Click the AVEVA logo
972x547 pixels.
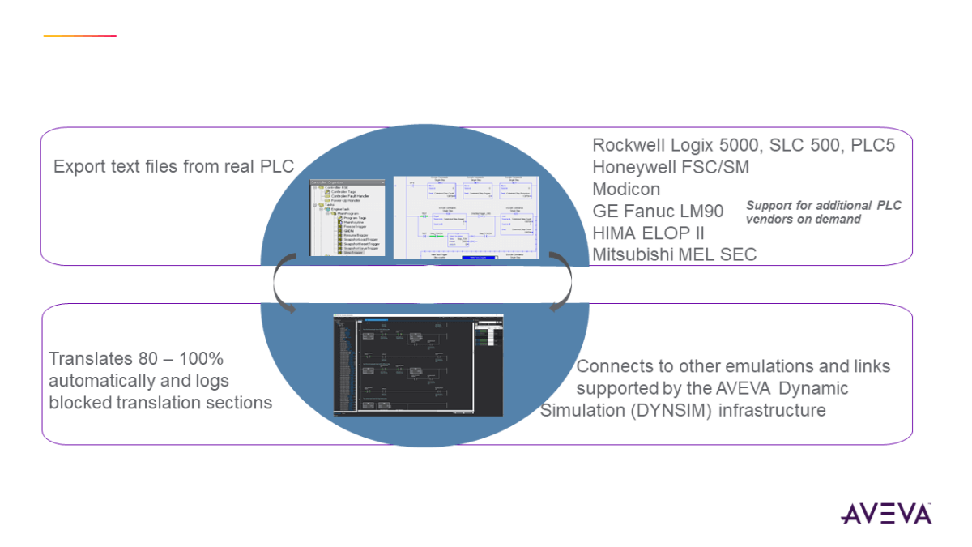coord(886,514)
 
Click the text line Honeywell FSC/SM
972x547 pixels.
coord(671,167)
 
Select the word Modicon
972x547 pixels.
coord(626,189)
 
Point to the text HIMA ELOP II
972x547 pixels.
coord(648,233)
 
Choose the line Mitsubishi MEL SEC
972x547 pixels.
coord(675,254)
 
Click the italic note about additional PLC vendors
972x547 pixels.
coord(823,212)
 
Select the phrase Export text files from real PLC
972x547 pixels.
coord(173,167)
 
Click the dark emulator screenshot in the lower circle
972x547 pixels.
coord(419,364)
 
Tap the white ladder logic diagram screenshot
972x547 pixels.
coord(465,216)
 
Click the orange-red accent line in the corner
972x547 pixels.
coord(79,36)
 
